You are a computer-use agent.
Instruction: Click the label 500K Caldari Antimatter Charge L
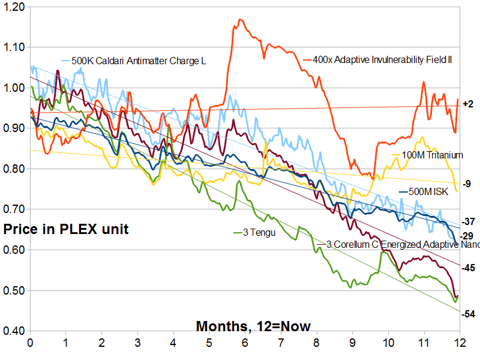pyautogui.click(x=134, y=60)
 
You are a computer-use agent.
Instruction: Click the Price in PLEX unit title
pyautogui.click(x=66, y=229)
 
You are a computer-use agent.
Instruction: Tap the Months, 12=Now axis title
pyautogui.click(x=253, y=326)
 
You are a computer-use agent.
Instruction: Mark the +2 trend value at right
pyautogui.click(x=469, y=104)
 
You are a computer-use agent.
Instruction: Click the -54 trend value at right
pyautogui.click(x=469, y=314)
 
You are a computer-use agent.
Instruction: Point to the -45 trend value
pyautogui.click(x=468, y=268)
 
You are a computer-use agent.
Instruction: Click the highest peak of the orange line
pyautogui.click(x=241, y=20)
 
